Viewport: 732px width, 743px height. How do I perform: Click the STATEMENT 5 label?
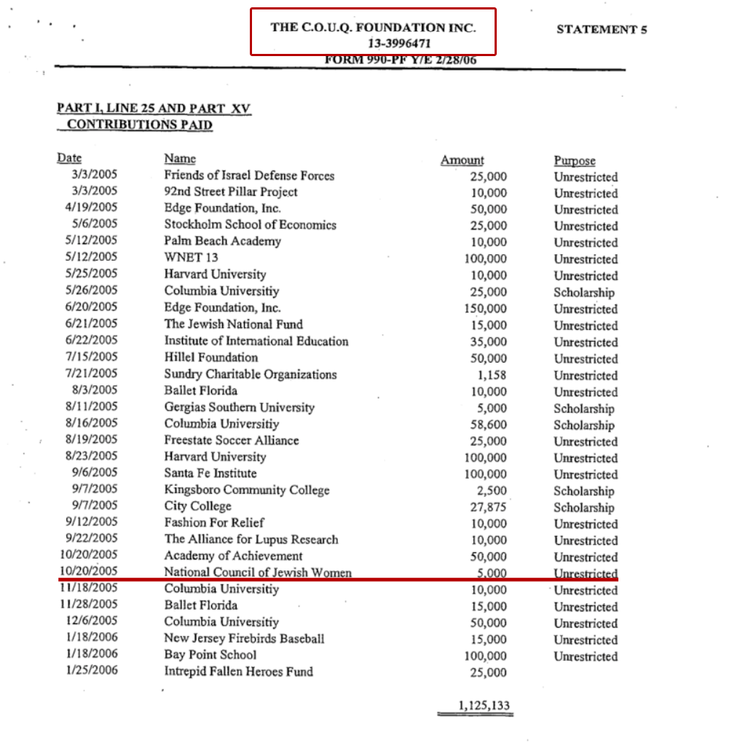(x=602, y=30)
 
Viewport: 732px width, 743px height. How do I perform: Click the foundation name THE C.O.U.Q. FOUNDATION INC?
(x=373, y=28)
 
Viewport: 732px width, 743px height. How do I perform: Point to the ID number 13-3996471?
(x=373, y=44)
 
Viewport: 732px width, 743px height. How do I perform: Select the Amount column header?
(x=462, y=160)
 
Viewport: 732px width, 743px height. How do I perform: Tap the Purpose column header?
(x=574, y=161)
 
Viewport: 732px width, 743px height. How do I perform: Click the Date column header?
(x=69, y=159)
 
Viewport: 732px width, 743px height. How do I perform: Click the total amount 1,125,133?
(x=484, y=705)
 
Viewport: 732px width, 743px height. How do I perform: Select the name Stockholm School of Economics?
(x=250, y=224)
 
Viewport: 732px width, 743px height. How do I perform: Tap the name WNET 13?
(x=191, y=257)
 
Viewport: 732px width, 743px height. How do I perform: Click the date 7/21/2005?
(x=91, y=374)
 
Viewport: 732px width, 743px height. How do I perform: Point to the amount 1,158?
(x=492, y=375)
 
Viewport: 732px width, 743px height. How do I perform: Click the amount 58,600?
(x=488, y=425)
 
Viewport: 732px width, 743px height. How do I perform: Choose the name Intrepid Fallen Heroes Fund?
(x=238, y=671)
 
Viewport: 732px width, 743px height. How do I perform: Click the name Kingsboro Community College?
(x=246, y=490)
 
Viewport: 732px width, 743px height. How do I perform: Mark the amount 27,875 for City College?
(x=488, y=508)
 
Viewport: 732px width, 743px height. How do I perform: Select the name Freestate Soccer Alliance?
(x=231, y=440)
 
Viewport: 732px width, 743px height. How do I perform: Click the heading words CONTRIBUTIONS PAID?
(x=139, y=125)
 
